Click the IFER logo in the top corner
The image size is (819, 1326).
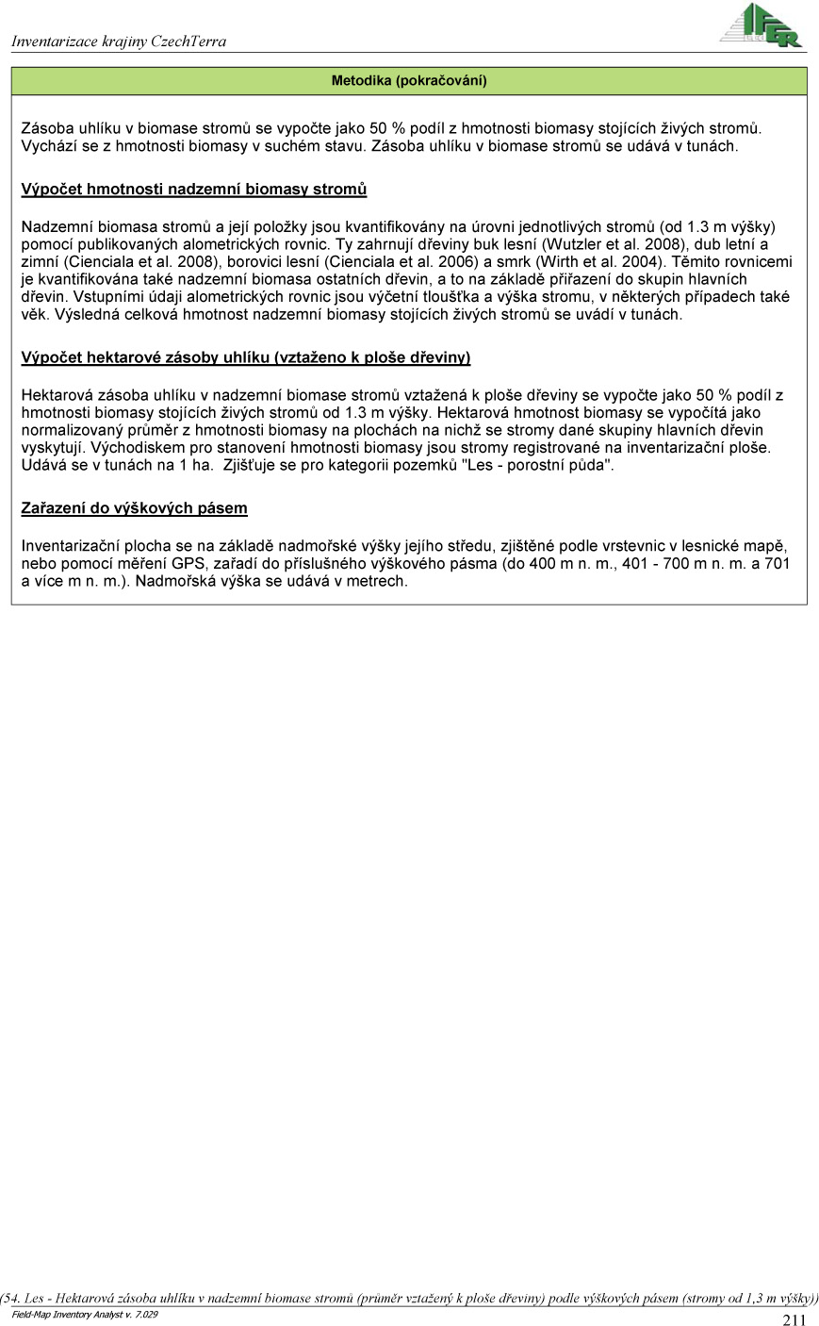point(761,25)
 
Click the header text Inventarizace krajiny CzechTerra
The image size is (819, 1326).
point(119,41)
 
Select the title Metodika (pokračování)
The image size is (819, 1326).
point(409,81)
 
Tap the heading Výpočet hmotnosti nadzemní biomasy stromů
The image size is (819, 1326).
point(193,190)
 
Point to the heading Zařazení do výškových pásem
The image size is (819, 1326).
point(134,508)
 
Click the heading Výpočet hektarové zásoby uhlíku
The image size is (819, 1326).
point(245,357)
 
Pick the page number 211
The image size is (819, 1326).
point(794,1319)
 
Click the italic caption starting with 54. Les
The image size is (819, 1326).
point(409,1298)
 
